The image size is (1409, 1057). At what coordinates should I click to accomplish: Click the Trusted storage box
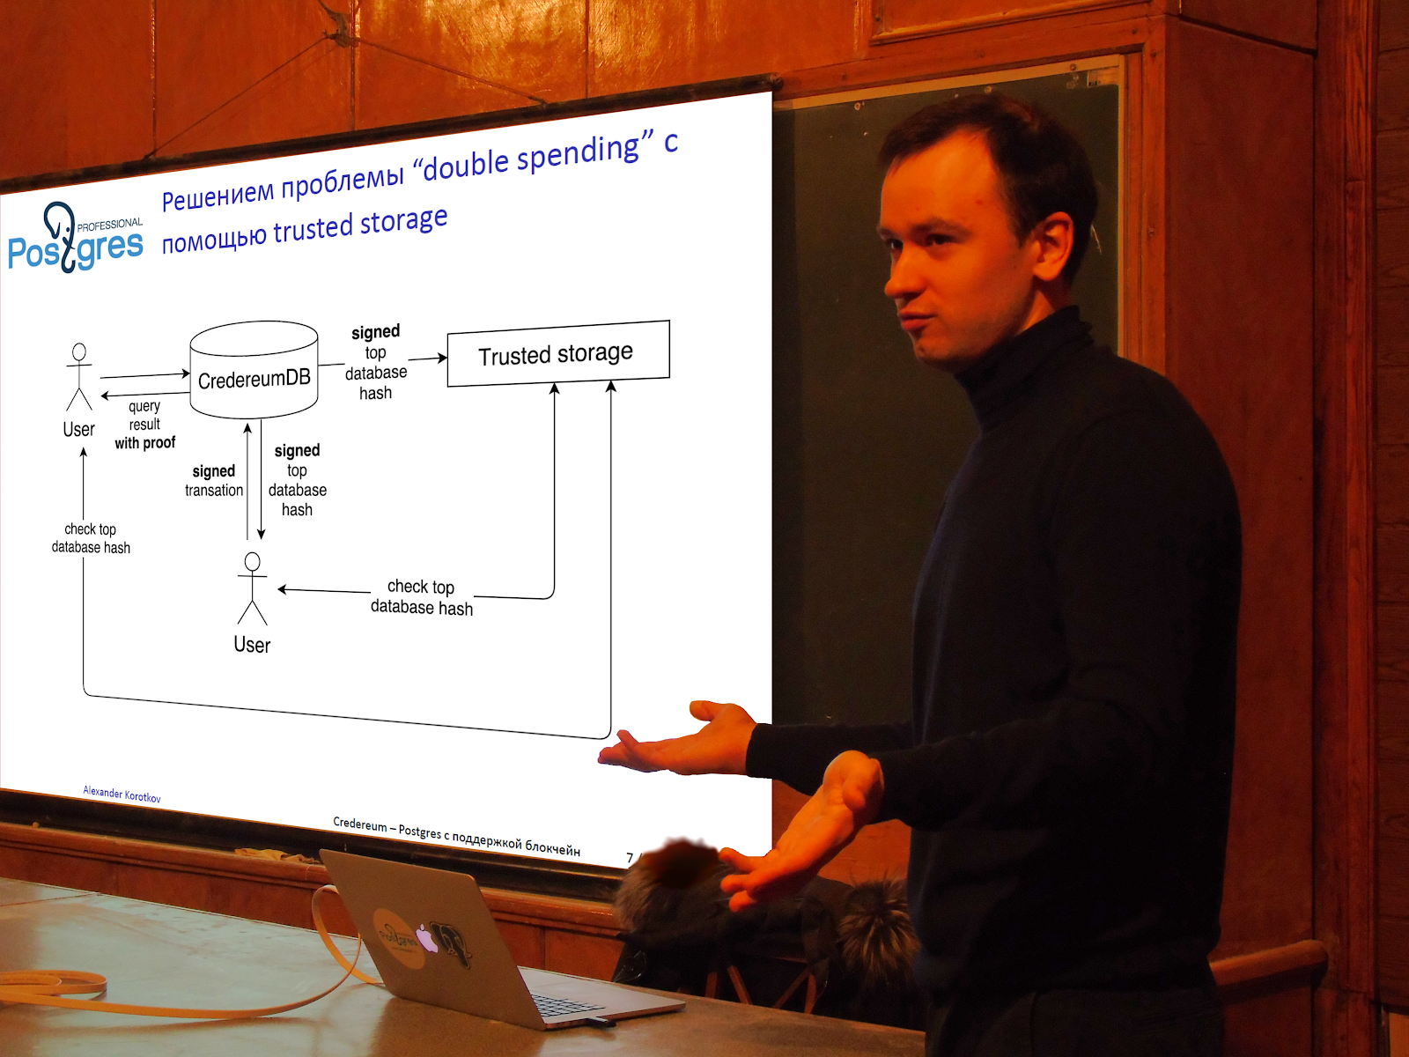pos(558,353)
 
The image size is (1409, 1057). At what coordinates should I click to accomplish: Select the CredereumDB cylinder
pos(255,370)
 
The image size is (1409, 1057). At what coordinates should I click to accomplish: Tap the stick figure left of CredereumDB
pos(79,377)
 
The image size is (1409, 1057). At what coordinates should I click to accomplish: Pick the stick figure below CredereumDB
pos(252,588)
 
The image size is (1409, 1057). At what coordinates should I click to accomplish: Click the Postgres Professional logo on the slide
pos(76,238)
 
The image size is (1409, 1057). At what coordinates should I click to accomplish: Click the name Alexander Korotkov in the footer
pos(122,794)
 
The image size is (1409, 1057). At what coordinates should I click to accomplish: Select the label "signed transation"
pos(214,481)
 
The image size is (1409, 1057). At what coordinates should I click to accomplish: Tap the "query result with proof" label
pos(145,425)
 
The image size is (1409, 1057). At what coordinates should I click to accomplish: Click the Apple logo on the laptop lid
pos(426,939)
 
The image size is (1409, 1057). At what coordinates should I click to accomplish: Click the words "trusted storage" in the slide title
pos(360,225)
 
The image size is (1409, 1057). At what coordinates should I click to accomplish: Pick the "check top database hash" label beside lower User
pos(422,597)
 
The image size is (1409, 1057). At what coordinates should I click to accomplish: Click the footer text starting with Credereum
pos(456,836)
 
